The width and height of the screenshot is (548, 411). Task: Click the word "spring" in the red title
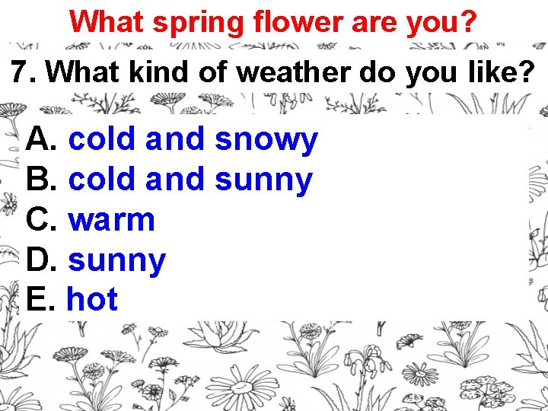[x=196, y=22]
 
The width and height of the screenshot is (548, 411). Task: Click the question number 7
[x=22, y=72]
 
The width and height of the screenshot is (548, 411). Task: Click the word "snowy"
[x=266, y=140]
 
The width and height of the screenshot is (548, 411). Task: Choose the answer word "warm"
[x=112, y=221]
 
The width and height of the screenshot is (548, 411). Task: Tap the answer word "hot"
[x=92, y=300]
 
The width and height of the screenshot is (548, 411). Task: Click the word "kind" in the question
[x=145, y=72]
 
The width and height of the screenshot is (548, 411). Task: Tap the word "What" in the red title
[x=107, y=21]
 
